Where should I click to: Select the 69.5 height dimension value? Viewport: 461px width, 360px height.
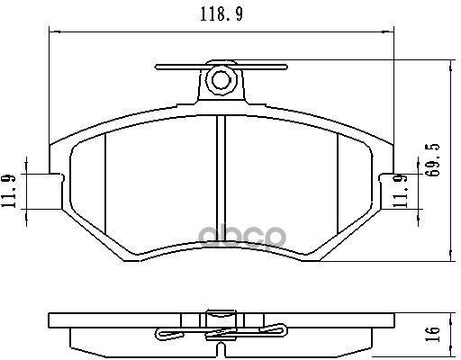click(x=433, y=160)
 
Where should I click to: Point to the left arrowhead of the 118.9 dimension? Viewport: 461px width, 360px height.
click(x=50, y=33)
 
